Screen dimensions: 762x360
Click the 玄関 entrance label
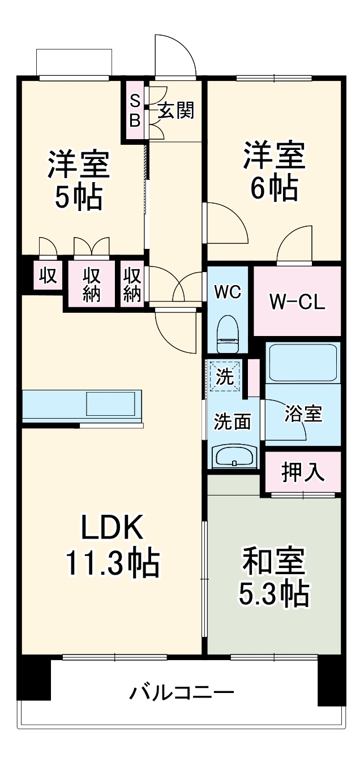point(175,111)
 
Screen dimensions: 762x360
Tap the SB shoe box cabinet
point(135,111)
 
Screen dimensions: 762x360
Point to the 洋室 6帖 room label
point(274,172)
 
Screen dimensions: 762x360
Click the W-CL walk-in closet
point(297,302)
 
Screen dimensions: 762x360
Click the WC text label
point(228,292)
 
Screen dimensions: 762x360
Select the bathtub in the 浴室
point(303,362)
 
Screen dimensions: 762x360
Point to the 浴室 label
point(303,415)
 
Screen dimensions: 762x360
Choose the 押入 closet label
point(303,472)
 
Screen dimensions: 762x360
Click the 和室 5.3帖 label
point(275,577)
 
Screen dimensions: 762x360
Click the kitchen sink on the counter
point(111,404)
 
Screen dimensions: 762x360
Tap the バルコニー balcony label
point(182,692)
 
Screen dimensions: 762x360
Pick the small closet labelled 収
point(48,275)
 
